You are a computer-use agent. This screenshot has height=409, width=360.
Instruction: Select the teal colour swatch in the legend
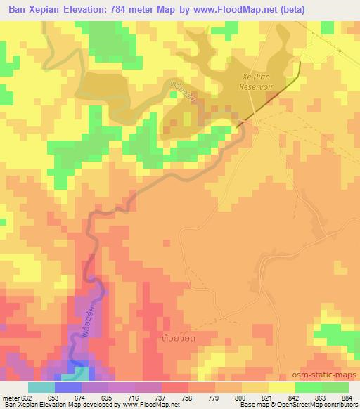point(41,387)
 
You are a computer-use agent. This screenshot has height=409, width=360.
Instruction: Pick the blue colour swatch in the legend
point(67,387)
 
